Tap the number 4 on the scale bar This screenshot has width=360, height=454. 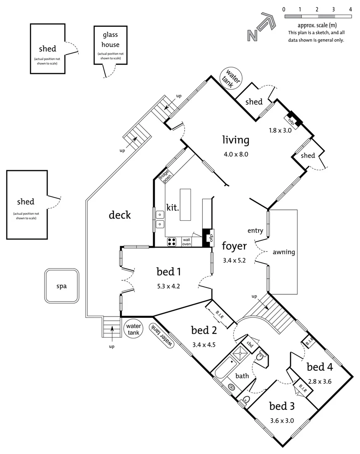tap(350, 9)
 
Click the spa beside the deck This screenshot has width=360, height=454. tap(62, 286)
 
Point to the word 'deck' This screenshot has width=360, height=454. tap(120, 215)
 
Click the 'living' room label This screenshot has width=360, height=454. tap(236, 140)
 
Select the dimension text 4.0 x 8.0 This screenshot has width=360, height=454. tap(236, 154)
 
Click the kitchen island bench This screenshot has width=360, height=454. tap(185, 205)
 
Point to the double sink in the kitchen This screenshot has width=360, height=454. tap(160, 219)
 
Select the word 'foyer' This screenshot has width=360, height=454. tap(234, 245)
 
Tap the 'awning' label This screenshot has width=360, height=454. tap(284, 253)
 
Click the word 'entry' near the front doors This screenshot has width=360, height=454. tap(255, 230)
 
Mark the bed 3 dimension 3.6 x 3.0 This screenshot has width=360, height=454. tap(281, 420)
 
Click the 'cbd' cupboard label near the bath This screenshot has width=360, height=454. tap(249, 344)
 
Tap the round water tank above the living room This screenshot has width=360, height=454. tap(231, 77)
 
